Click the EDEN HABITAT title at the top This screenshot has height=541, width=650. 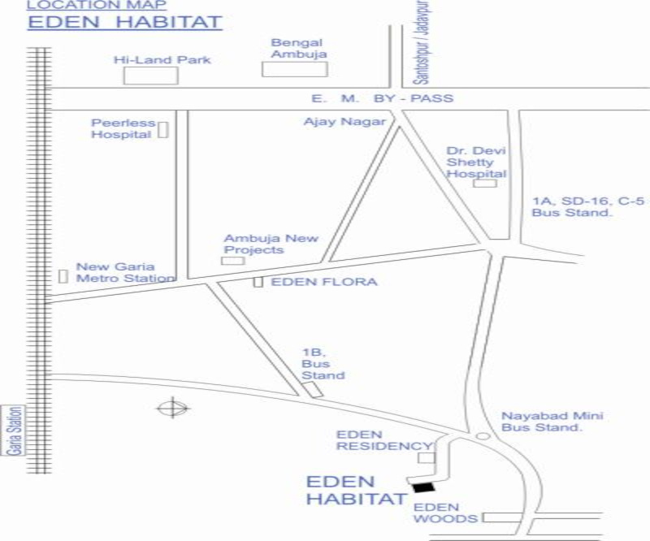click(124, 22)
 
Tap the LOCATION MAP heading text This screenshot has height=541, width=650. click(97, 5)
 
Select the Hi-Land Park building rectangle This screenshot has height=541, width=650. click(150, 76)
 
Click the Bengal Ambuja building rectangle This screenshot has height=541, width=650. click(294, 69)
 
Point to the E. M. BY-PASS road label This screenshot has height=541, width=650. click(382, 98)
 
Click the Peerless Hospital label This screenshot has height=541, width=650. click(121, 128)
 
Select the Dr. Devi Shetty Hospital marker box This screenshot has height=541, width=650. click(485, 183)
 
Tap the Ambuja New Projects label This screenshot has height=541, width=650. click(271, 244)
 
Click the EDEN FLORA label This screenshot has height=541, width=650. click(323, 282)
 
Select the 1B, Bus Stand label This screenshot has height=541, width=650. click(323, 364)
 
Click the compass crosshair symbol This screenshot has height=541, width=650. click(172, 407)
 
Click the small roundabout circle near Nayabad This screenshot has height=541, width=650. click(483, 436)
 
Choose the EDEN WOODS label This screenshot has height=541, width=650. click(437, 513)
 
